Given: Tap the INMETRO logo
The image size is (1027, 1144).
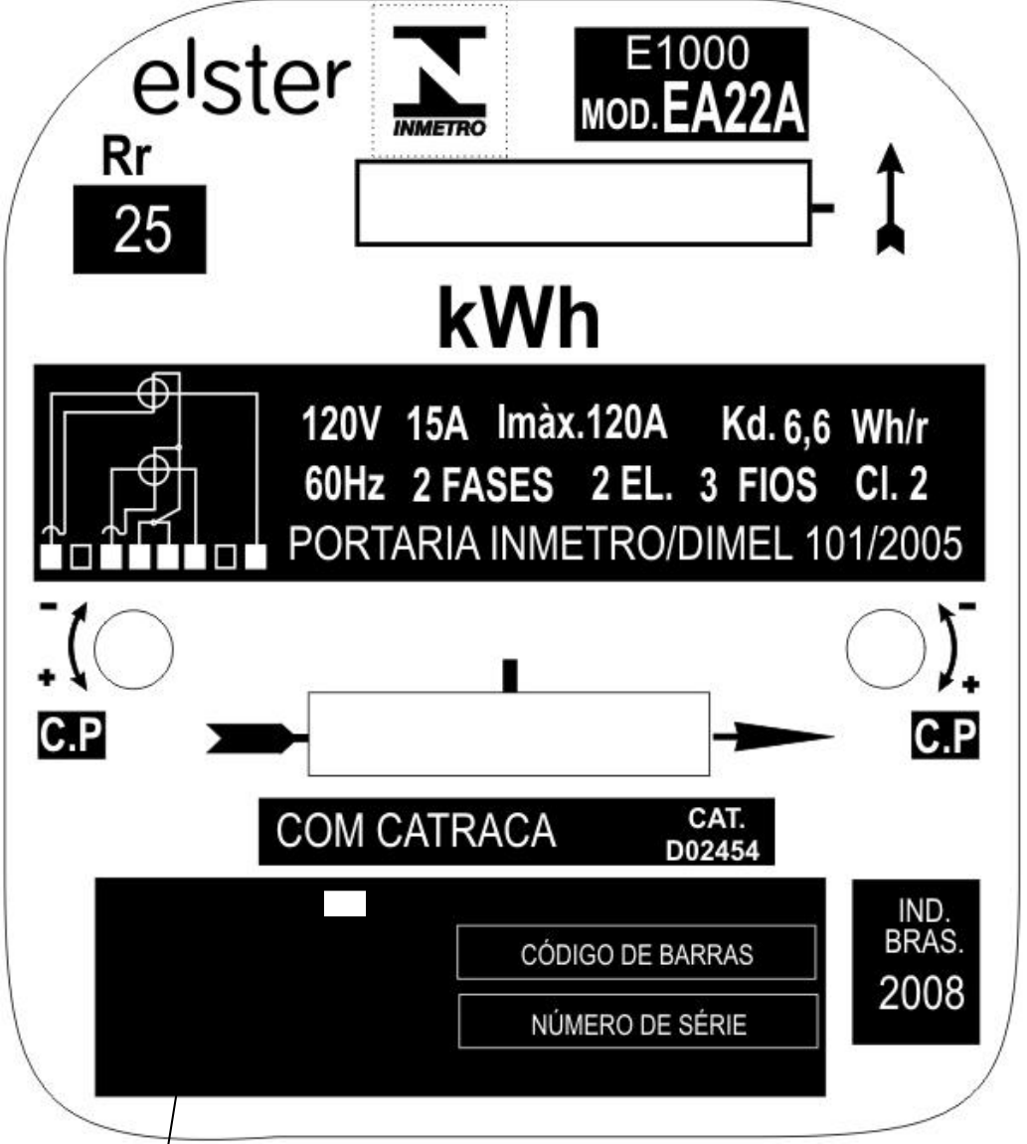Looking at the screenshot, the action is click(x=439, y=82).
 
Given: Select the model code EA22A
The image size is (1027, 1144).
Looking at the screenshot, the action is click(x=733, y=110).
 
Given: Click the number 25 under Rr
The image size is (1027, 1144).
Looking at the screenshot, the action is click(x=142, y=230).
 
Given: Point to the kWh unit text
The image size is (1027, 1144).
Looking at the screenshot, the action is click(x=519, y=319).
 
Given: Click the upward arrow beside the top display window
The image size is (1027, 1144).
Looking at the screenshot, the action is click(x=891, y=199).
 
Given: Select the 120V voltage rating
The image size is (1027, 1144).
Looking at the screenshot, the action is click(x=341, y=423).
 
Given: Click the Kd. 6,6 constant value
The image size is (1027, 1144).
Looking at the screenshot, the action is click(x=775, y=424).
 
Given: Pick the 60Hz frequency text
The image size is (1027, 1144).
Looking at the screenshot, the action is click(x=344, y=483).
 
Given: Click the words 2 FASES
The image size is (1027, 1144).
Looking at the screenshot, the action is click(x=482, y=485).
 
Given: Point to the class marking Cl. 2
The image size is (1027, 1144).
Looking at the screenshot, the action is click(x=891, y=483).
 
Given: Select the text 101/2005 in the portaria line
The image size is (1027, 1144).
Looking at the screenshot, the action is click(x=883, y=544).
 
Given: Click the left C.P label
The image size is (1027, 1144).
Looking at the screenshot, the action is click(x=72, y=735).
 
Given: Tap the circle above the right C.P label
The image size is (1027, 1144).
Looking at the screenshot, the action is click(x=886, y=649).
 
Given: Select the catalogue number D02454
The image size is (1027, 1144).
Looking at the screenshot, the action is click(x=713, y=851).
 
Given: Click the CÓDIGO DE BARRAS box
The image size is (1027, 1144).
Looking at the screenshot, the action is click(x=636, y=953).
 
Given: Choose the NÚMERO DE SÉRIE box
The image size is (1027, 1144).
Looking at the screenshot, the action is click(x=638, y=1022).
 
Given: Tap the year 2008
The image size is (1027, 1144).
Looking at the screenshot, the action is click(x=922, y=994).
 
